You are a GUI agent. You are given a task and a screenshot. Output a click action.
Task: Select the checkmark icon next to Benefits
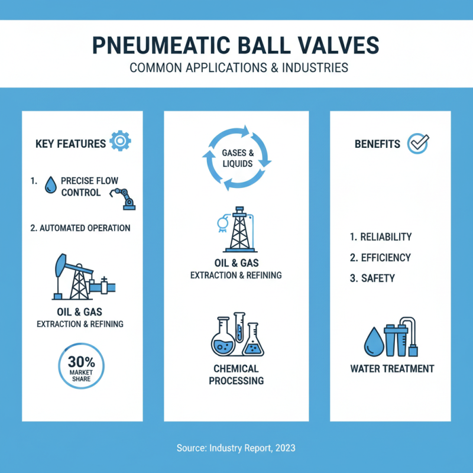[419, 143]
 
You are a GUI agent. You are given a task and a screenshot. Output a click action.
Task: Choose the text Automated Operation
[80, 228]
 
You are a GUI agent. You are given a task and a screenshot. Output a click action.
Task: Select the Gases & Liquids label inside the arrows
[237, 158]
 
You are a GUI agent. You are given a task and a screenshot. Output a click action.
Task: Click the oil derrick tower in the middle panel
[238, 231]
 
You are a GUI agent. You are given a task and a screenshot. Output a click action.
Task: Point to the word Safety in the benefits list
[377, 278]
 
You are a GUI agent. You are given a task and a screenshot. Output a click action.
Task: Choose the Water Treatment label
[392, 369]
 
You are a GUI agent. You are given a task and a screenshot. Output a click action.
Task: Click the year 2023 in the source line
[284, 449]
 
